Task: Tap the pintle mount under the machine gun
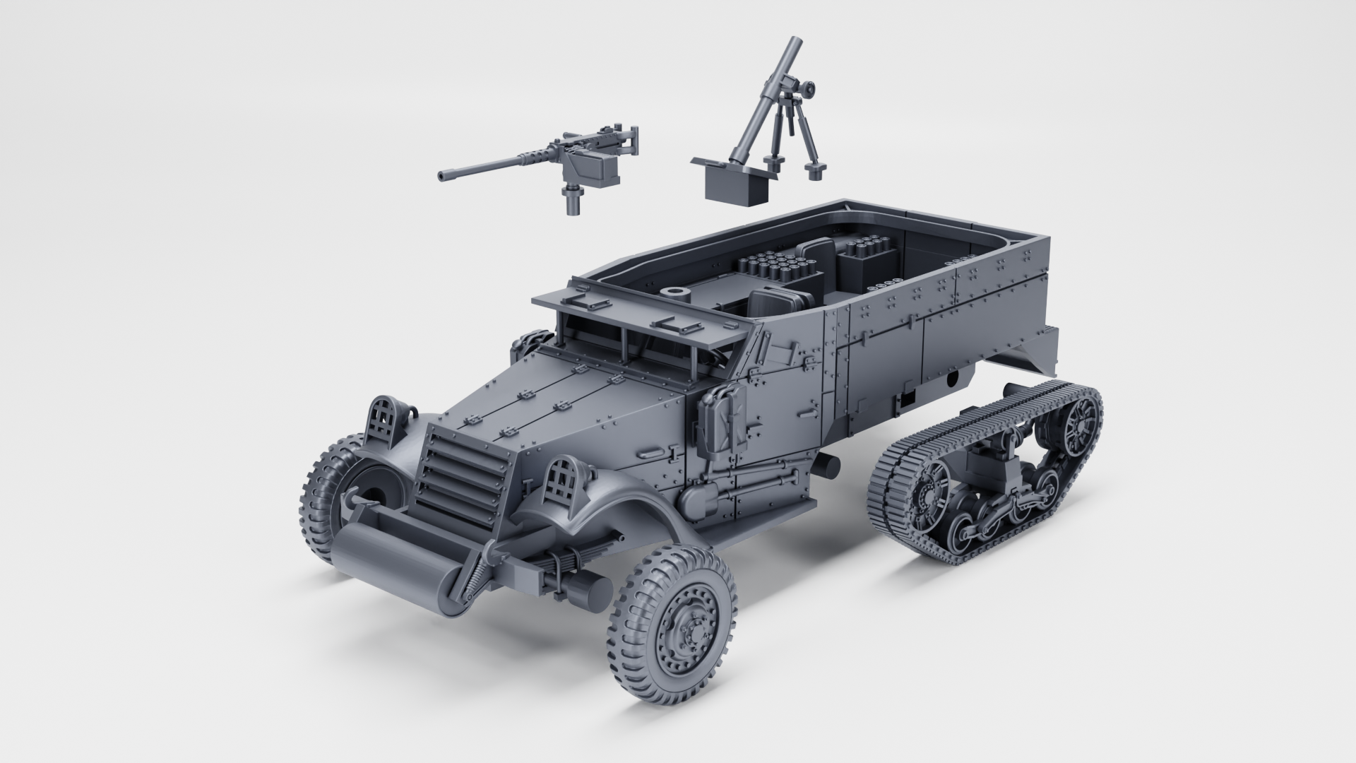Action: [571, 200]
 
